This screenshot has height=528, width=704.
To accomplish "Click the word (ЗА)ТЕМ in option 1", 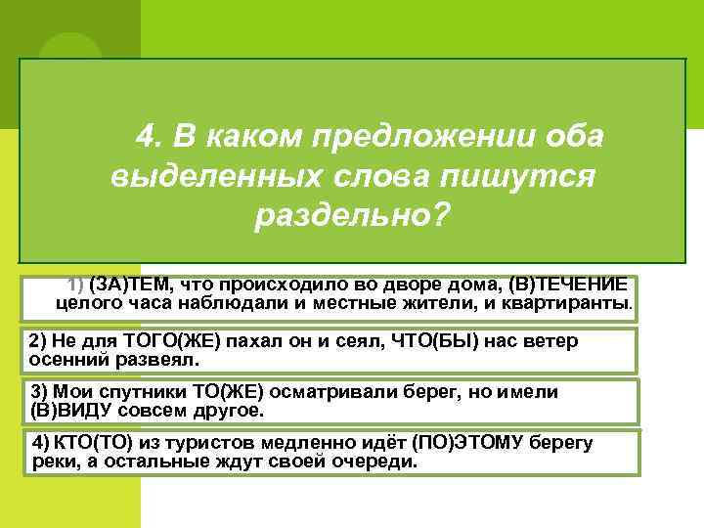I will tap(127, 285).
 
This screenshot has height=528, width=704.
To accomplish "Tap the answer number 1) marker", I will tap(75, 285).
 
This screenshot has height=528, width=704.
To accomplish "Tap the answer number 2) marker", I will tap(39, 342).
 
